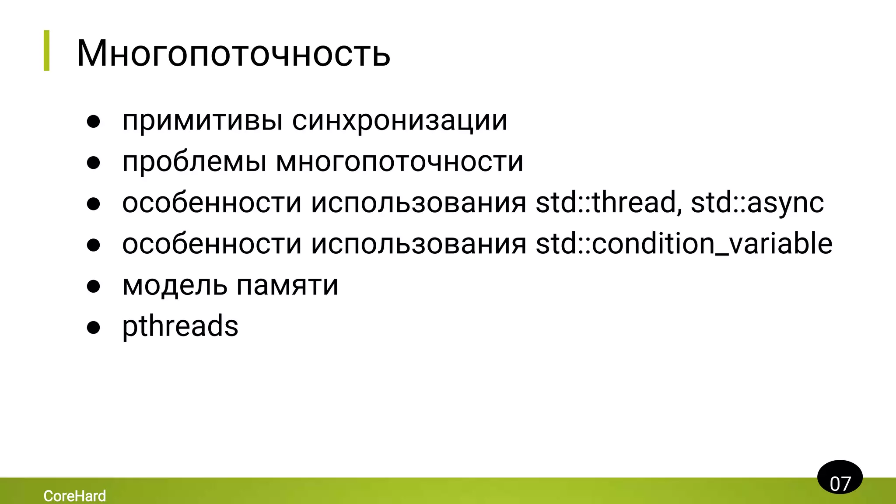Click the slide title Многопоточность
tap(233, 53)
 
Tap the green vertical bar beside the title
tap(47, 50)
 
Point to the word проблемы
tap(194, 161)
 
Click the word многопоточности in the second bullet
tap(399, 161)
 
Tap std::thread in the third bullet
tap(609, 203)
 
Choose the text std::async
tap(757, 203)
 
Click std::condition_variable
tap(684, 244)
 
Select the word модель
tap(175, 285)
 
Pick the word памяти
tap(287, 285)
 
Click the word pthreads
tap(180, 326)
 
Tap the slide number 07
tap(840, 483)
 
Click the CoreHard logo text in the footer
tap(75, 496)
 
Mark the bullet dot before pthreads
tap(94, 327)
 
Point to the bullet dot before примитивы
tap(94, 122)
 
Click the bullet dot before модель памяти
tap(94, 286)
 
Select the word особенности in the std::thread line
tap(212, 203)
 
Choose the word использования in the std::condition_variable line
tap(418, 244)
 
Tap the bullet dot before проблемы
tap(94, 163)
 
